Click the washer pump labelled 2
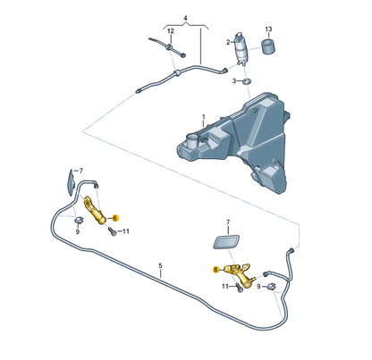[241, 48]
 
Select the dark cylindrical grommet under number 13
[268, 46]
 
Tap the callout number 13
[268, 29]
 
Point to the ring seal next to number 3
[246, 80]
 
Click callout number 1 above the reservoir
[204, 116]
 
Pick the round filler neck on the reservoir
[192, 142]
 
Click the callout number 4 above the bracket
[185, 19]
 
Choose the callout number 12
[171, 31]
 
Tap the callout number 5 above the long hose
[160, 265]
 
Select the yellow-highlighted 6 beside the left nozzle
[115, 218]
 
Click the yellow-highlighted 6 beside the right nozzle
[216, 270]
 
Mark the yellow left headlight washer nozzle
[95, 210]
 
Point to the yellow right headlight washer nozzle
[239, 274]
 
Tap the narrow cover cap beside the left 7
[71, 182]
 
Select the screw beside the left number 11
[112, 231]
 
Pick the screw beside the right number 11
[240, 288]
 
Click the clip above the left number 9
[79, 221]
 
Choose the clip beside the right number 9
[271, 287]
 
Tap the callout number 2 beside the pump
[228, 42]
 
